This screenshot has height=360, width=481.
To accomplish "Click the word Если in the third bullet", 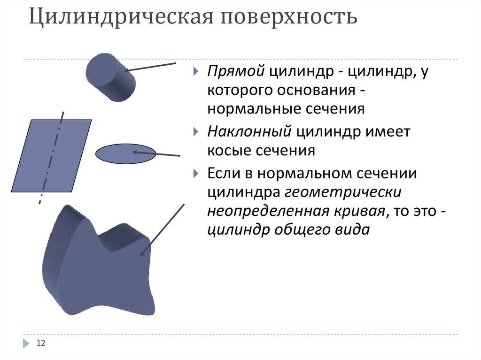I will coord(224,174).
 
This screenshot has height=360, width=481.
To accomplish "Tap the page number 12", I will coord(40,344).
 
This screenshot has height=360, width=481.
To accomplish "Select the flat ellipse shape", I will coord(125,154).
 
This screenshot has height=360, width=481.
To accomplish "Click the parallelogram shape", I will coord(51,155).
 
